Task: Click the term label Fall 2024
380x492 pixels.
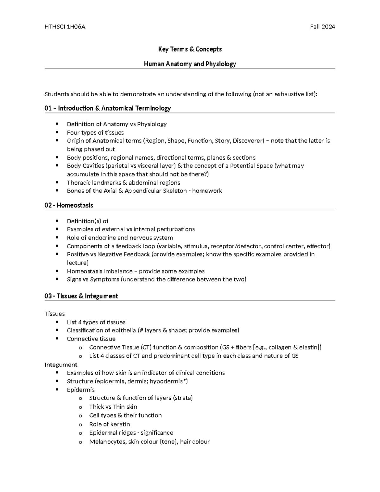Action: tap(322, 27)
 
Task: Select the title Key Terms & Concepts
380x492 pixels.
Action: tap(190, 49)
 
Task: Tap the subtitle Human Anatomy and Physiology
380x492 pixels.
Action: tap(190, 64)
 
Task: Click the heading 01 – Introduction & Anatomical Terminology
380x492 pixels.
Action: tap(108, 108)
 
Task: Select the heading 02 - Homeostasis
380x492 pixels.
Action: tap(69, 205)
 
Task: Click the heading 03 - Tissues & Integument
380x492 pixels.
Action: tap(81, 296)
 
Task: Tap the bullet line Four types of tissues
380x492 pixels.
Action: tap(95, 132)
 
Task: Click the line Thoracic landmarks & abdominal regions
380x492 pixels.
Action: tap(123, 182)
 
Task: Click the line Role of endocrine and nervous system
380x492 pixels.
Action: tap(120, 238)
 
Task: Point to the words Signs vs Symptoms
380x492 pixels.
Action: tap(93, 279)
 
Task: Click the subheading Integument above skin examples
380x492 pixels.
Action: tap(61, 365)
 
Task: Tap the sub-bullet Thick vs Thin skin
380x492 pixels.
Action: tap(113, 407)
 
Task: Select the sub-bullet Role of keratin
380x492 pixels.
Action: tap(110, 424)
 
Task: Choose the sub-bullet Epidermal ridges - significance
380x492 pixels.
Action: tap(131, 433)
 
